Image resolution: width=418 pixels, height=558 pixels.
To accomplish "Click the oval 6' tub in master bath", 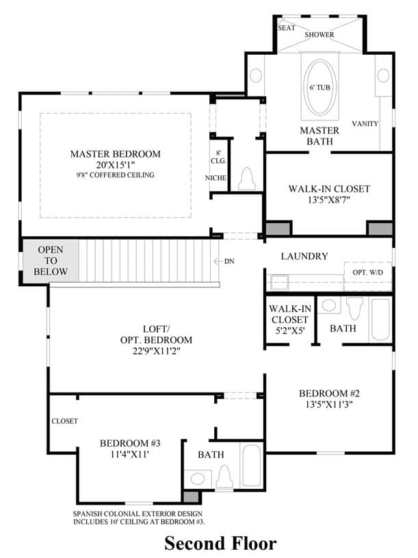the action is pos(319,87).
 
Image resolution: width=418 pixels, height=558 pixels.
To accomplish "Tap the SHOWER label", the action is pos(319,34).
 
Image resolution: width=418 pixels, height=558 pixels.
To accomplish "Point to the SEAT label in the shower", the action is pos(286,28).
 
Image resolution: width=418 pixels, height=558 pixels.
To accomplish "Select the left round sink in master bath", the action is pos(256,75).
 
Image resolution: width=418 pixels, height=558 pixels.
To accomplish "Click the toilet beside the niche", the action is pos(247,179).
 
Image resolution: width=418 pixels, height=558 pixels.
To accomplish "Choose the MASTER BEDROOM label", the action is pos(115,154).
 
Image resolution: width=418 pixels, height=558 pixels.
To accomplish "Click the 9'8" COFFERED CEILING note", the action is pos(115,175).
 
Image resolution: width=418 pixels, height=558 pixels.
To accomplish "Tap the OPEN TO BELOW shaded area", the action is pos(51,260).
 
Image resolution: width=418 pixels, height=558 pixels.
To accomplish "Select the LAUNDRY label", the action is pos(304,256).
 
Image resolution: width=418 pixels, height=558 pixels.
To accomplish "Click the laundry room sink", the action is pos(280,283).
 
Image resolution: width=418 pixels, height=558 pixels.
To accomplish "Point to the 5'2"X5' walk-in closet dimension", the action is pos(290,330).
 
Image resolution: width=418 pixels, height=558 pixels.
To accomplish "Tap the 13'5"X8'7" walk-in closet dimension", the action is pos(329,200).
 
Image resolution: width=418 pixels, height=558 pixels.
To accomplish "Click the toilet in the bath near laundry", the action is pos(354,309).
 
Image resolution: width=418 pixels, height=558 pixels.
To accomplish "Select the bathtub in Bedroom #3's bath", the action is pos(251,466).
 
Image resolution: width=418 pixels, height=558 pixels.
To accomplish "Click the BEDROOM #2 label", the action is pos(329,393).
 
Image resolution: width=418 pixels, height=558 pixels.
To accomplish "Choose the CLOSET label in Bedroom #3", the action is pos(64,421).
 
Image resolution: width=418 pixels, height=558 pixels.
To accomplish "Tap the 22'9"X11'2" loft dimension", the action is pos(157,351).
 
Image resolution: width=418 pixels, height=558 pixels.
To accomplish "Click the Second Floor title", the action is pos(220,543).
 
